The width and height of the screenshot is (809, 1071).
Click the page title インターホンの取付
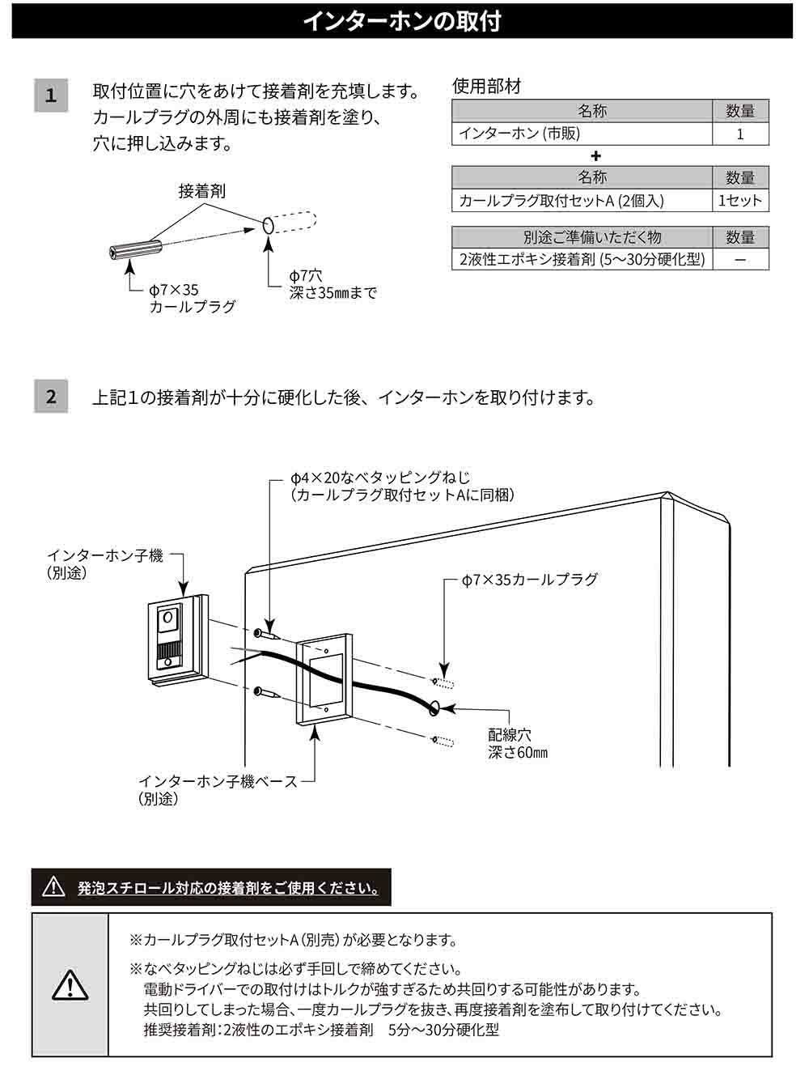point(402,22)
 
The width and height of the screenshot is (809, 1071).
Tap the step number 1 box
point(51,96)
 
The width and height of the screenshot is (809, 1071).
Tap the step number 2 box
point(51,396)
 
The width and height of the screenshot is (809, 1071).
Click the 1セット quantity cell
point(740,200)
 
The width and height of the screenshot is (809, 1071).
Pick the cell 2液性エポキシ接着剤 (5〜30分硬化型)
point(582,259)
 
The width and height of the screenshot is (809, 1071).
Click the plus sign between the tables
point(595,156)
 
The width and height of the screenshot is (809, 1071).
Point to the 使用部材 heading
point(486,87)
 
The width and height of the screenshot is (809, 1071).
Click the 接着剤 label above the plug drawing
point(202,191)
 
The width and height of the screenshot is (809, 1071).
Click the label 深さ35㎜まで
point(333,293)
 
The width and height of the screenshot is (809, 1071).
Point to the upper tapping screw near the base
point(266,635)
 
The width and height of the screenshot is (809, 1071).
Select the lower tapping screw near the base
point(266,692)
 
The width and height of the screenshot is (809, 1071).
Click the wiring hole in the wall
point(434,707)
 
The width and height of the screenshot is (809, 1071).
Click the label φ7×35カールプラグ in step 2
point(530,580)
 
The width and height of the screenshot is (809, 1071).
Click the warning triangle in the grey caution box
point(70,984)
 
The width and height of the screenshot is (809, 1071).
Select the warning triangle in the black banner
point(53,886)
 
